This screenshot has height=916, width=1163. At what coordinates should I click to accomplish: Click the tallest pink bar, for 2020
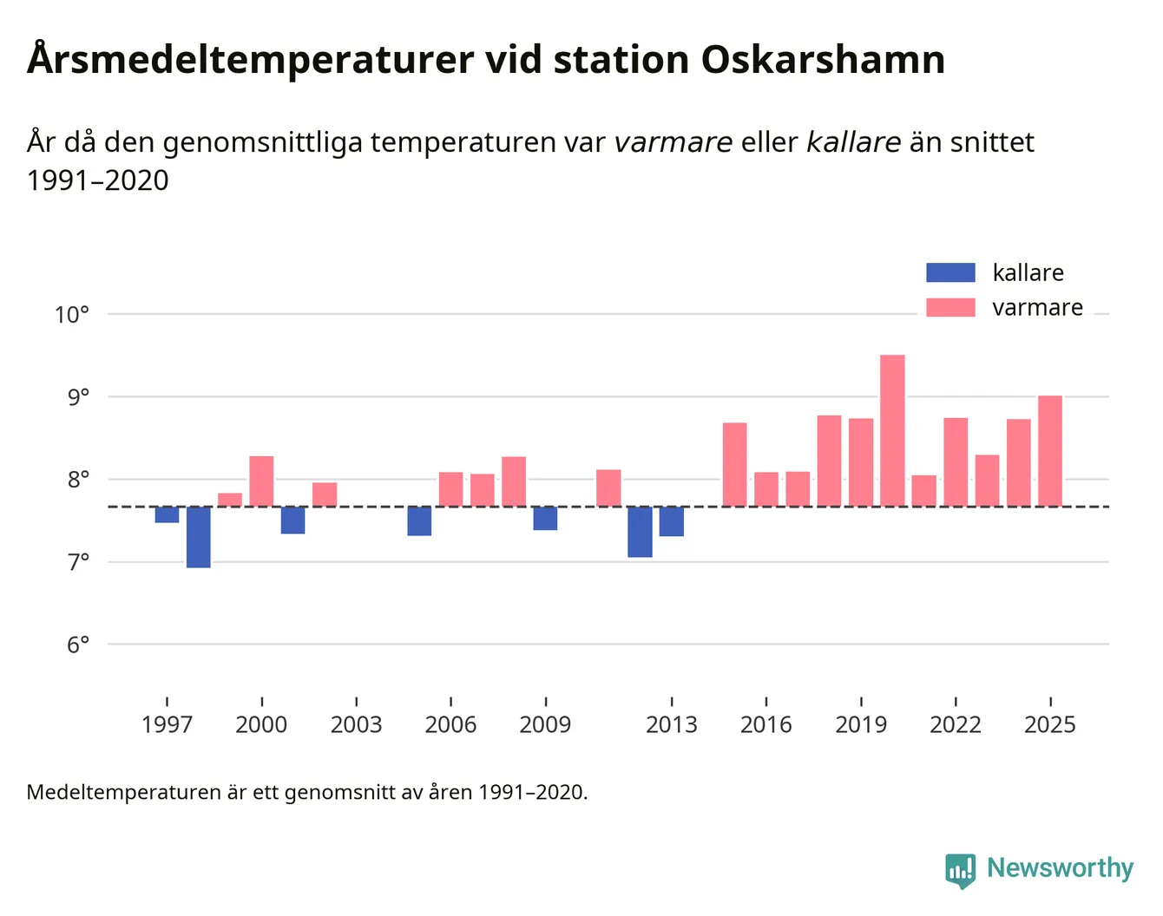tap(892, 430)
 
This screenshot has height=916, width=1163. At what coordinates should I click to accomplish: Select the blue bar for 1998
tap(199, 537)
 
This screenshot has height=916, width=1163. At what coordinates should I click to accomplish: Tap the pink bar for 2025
tap(1050, 451)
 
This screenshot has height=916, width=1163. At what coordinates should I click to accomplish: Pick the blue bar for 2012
tap(640, 532)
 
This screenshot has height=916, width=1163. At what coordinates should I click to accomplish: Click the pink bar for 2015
tap(734, 465)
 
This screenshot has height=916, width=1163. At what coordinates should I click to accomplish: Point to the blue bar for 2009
tap(545, 518)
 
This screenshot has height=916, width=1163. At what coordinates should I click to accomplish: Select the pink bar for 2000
tap(261, 481)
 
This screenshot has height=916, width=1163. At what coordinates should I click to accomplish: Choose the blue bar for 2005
tap(419, 521)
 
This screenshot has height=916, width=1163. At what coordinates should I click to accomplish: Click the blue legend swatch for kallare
tap(950, 272)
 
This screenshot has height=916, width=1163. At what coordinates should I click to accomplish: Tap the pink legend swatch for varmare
tap(950, 308)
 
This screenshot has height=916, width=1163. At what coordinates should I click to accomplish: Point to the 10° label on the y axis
tap(72, 315)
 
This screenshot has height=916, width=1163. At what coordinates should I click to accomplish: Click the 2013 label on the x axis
tap(671, 725)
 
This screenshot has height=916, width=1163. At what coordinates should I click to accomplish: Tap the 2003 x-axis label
tap(356, 725)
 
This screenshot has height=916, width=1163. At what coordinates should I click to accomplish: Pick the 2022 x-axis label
tap(956, 725)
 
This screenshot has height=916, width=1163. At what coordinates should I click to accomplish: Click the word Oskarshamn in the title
tap(823, 61)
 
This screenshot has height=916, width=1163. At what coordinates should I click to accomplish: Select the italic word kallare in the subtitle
tap(853, 142)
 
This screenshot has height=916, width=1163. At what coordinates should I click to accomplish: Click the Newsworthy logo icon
tap(961, 870)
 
